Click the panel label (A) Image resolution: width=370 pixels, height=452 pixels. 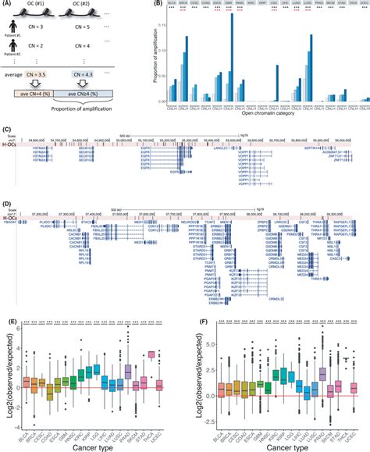point(9,5)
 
